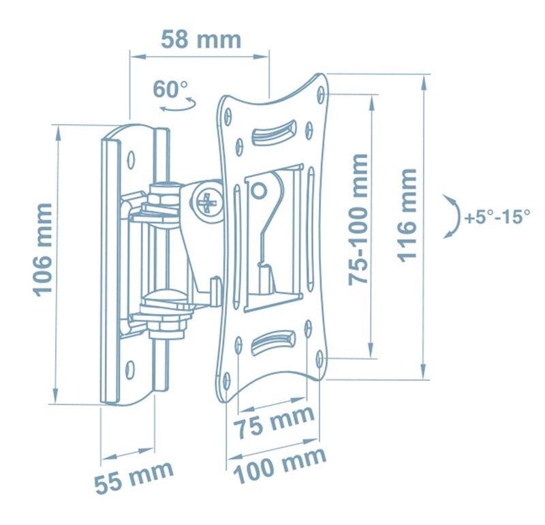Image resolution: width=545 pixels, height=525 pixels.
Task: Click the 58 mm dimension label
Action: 201,40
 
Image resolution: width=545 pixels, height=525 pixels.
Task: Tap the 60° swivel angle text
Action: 170,89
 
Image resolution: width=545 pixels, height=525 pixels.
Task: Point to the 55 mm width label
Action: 134,477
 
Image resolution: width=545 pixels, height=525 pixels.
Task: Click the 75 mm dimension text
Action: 275,421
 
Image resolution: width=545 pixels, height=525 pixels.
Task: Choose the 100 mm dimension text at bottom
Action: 280,464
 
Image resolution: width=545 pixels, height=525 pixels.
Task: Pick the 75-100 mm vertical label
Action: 358,220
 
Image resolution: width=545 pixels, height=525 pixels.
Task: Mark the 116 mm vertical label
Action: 407,215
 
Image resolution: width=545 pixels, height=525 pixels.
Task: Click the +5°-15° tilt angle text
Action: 497,217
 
